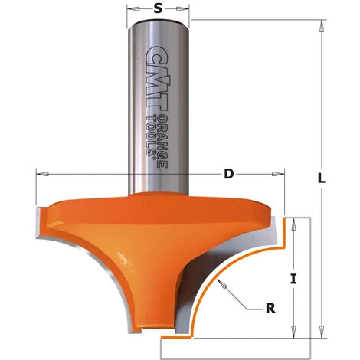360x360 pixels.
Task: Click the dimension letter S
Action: point(158,8)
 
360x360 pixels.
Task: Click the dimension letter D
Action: point(229,174)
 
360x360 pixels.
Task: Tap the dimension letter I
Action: point(293,279)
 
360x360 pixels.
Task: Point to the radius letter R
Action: point(270,308)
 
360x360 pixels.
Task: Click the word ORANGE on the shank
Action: point(162,141)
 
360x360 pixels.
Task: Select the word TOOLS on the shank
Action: point(151,136)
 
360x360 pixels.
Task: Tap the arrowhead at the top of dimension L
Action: point(322,26)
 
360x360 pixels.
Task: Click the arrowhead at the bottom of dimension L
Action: point(322,332)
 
